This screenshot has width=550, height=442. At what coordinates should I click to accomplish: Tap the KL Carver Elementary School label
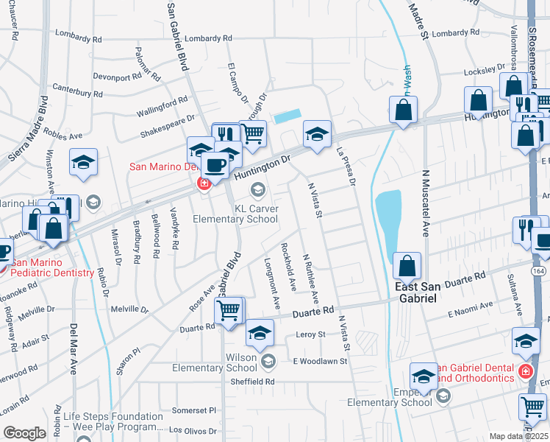tap(235, 214)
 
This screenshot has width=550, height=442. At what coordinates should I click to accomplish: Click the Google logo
tap(24, 432)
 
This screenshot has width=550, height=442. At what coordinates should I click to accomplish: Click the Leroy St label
tap(310, 334)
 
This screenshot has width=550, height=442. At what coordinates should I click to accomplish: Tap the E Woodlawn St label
tap(319, 361)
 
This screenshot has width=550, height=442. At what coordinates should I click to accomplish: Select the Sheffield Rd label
tap(254, 382)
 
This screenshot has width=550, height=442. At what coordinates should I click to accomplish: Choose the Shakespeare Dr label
tap(167, 126)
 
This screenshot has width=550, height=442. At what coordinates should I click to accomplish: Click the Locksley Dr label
tap(485, 72)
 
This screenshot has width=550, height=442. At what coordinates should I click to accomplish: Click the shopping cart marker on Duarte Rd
tap(229, 312)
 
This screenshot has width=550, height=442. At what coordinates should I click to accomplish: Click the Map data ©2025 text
tap(519, 436)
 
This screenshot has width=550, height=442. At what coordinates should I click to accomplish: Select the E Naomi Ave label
tap(470, 309)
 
